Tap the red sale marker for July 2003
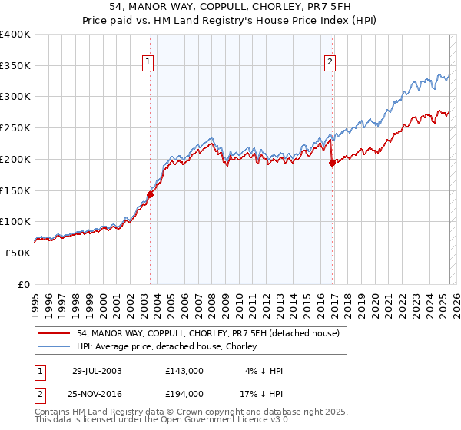151,194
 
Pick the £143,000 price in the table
184,371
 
